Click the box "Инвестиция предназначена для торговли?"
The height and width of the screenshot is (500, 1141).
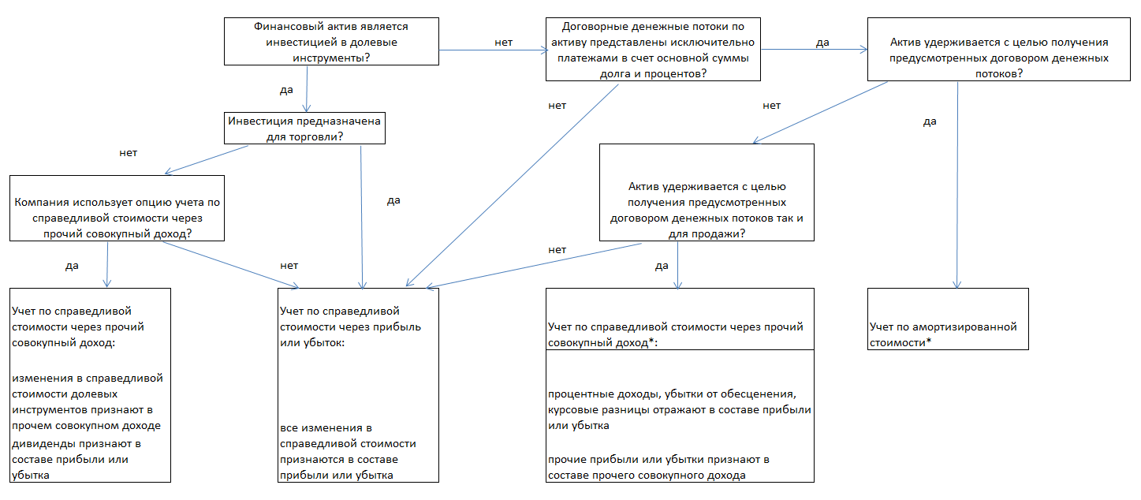pos(305,129)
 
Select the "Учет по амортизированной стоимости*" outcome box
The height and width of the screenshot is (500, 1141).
pos(948,319)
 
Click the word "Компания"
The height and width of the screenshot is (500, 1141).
pos(39,203)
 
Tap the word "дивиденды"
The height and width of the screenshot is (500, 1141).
pos(38,443)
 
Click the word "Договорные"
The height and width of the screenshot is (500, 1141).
pos(581,26)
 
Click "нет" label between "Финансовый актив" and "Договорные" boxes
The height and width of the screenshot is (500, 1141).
pos(504,42)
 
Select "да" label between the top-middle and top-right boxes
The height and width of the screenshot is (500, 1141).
pos(822,43)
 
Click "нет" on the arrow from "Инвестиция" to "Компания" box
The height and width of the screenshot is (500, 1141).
pos(129,152)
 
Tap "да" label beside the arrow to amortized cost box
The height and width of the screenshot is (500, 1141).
pos(930,121)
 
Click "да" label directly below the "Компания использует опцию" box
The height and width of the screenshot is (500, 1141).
pos(72,266)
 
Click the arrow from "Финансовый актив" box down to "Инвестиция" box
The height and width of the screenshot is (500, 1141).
pos(306,88)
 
